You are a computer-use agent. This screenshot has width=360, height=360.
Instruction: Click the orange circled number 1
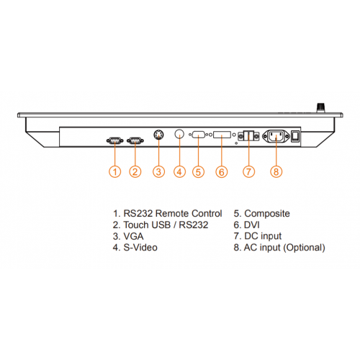coord(115,172)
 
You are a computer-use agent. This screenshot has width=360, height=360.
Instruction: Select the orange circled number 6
coord(222,172)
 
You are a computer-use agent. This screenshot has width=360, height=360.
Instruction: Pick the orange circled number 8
coord(276,172)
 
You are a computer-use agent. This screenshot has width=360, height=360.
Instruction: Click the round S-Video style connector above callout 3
coord(159,135)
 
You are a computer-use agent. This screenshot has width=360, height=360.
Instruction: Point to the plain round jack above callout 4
coord(179,134)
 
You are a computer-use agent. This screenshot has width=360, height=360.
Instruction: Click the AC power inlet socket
coord(276,136)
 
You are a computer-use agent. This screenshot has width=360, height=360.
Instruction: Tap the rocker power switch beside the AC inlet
coord(295,136)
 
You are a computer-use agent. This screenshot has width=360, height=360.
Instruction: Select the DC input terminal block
coord(248,136)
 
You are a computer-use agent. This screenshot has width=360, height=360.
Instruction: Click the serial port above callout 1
coord(115,140)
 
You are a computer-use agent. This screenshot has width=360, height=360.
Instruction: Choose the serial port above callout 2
coord(135,140)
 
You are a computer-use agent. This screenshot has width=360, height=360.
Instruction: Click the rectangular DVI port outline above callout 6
coord(222,135)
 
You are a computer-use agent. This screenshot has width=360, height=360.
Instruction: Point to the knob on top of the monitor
coord(320,107)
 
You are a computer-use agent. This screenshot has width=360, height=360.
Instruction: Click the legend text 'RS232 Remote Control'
coord(173,213)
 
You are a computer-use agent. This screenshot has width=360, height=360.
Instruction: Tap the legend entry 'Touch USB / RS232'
coord(166,225)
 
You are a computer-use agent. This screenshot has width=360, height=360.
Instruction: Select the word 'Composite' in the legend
coord(267,214)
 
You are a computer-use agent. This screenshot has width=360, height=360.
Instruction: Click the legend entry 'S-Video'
coord(140,248)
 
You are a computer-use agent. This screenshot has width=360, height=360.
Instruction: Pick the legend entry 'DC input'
coord(263,236)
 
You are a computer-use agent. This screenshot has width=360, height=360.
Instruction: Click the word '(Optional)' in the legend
coord(305,248)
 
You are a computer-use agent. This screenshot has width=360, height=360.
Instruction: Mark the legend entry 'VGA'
coord(133,236)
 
